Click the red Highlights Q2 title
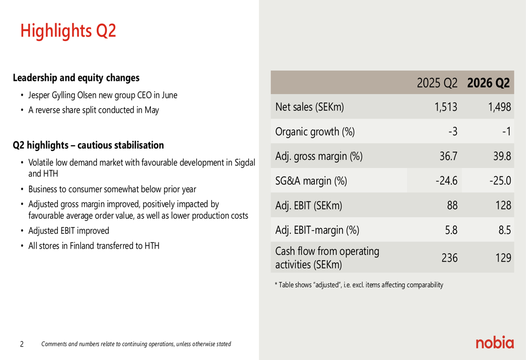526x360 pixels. (68, 31)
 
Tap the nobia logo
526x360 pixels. (494, 342)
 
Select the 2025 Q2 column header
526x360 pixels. (437, 83)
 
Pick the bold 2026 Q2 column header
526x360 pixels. (488, 83)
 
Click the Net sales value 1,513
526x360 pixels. (446, 107)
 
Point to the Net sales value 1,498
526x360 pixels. (500, 107)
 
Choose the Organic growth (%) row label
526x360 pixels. (315, 132)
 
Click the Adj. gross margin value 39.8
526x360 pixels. (502, 156)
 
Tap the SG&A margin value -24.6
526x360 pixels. (447, 181)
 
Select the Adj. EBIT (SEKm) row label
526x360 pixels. (309, 205)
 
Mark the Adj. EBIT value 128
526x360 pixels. (503, 205)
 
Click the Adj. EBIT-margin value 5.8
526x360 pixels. (451, 230)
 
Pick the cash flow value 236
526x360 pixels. (450, 258)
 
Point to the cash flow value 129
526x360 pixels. (503, 258)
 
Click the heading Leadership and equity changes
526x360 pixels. (76, 78)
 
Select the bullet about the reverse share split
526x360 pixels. (94, 110)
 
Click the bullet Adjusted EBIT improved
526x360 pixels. (69, 231)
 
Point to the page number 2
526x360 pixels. (22, 344)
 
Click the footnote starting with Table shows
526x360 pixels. (359, 285)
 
